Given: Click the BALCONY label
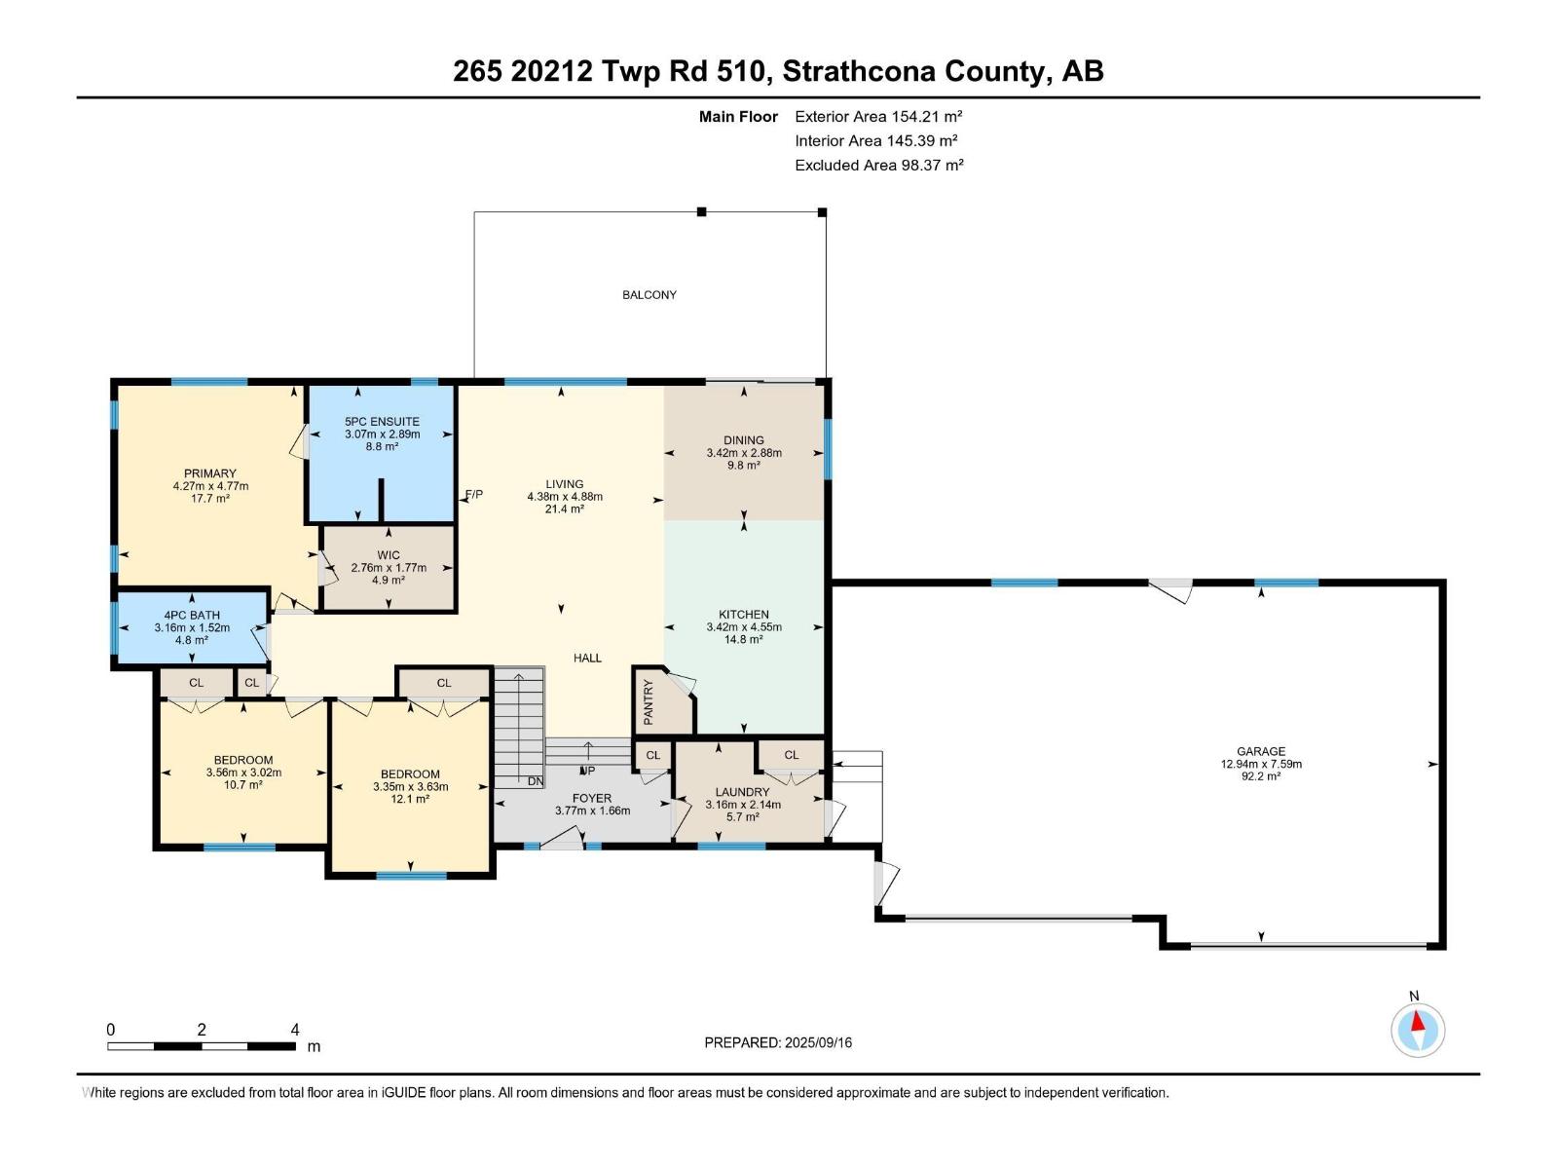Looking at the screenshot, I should click(x=649, y=294).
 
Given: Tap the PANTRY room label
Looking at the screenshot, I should click(x=649, y=701).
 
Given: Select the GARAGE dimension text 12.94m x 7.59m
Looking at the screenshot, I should click(x=1261, y=764).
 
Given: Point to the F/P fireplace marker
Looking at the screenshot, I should click(x=474, y=495).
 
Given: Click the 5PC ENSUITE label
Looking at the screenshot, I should click(x=382, y=422).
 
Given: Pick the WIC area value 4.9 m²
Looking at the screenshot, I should click(x=389, y=580).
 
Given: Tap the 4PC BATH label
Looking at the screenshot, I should click(x=192, y=615).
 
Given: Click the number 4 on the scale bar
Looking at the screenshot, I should click(x=295, y=1030).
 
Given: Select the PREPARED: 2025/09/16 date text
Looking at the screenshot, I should click(x=778, y=1042).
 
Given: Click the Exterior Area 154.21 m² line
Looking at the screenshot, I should click(x=878, y=116).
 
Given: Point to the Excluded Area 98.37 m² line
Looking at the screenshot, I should click(x=878, y=165).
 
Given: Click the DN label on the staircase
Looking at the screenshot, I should click(x=536, y=781).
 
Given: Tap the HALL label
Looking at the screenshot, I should click(x=587, y=658).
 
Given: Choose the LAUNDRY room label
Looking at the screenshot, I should click(x=742, y=792).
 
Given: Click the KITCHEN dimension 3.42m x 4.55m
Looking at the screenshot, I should click(x=744, y=627).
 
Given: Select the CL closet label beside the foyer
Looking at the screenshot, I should click(x=653, y=755).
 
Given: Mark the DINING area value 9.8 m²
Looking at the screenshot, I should click(x=744, y=466).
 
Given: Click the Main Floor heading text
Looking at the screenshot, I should click(x=738, y=116).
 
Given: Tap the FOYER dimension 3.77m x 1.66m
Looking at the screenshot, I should click(x=592, y=811).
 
